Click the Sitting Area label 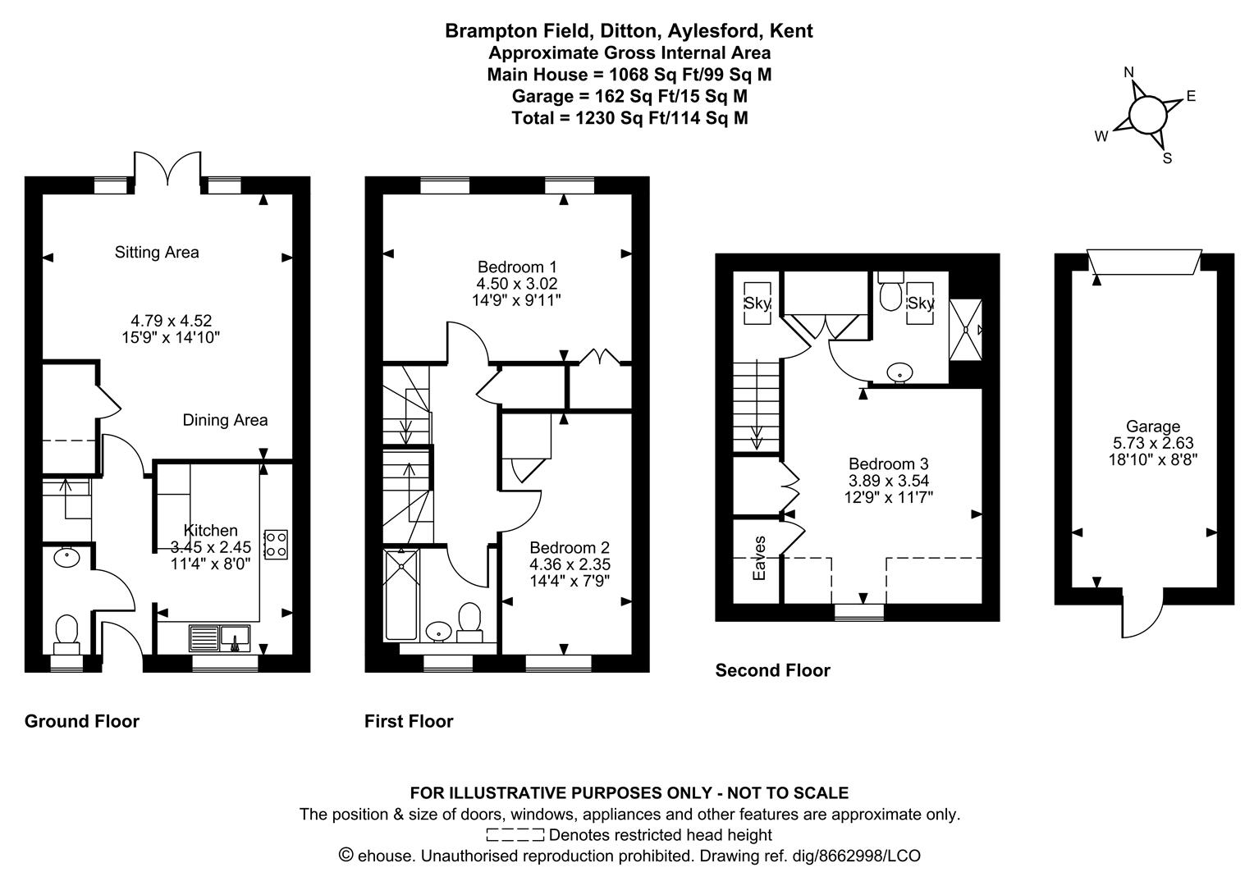[x=157, y=253]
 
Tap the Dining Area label [x=225, y=420]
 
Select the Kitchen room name [x=210, y=531]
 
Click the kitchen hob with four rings [x=276, y=545]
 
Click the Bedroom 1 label [x=517, y=267]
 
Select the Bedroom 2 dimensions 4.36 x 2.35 [x=570, y=564]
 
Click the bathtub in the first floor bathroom [x=401, y=595]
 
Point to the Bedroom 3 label [x=889, y=464]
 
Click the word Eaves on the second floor [x=759, y=558]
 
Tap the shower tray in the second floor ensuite [x=965, y=330]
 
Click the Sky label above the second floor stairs [x=757, y=304]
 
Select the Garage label [x=1152, y=427]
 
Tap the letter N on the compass [x=1128, y=73]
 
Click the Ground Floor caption [x=82, y=721]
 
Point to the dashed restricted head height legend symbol [x=515, y=835]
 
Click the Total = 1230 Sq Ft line [x=629, y=118]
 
